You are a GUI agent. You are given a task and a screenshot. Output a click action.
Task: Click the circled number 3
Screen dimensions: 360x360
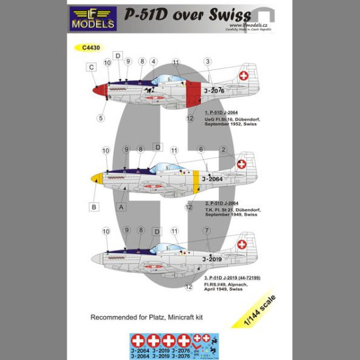[x=206, y=62]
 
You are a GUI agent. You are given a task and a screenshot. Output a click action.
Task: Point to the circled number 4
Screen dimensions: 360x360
[x=153, y=62]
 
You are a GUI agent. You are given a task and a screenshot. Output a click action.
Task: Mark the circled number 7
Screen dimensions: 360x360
[x=206, y=230]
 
